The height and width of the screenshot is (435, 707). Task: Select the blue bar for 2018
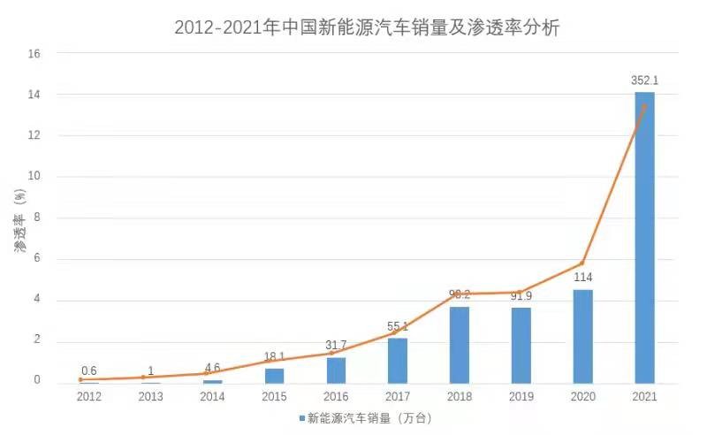(459, 345)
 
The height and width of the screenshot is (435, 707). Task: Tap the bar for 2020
(582, 336)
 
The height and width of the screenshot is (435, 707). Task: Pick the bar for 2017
(397, 360)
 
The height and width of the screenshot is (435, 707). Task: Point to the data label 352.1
(644, 80)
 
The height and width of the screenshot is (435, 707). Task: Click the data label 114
(582, 278)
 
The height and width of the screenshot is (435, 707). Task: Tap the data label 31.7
(337, 345)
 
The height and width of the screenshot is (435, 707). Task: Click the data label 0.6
(89, 370)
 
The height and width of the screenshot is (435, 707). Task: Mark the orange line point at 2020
(582, 263)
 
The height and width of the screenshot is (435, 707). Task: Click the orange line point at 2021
(644, 106)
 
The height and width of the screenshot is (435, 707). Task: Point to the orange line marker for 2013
(143, 377)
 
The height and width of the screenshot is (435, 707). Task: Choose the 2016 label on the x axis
(336, 397)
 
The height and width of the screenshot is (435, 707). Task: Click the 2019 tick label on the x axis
(521, 397)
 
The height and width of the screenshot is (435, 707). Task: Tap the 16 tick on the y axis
(34, 54)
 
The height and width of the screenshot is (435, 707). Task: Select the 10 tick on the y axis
(34, 177)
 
